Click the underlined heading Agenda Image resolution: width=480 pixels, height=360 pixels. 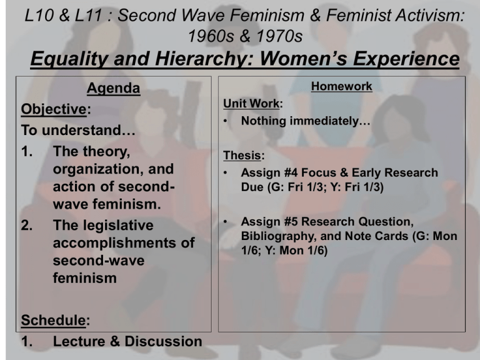click(x=114, y=89)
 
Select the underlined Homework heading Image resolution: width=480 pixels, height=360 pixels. click(x=342, y=86)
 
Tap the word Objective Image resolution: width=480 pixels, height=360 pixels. click(x=54, y=109)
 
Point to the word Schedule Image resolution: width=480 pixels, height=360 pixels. click(x=54, y=320)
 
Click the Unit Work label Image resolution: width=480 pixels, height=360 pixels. click(x=251, y=104)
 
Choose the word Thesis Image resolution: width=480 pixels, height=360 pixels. click(x=242, y=156)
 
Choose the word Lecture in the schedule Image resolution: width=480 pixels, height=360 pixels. click(x=79, y=341)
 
